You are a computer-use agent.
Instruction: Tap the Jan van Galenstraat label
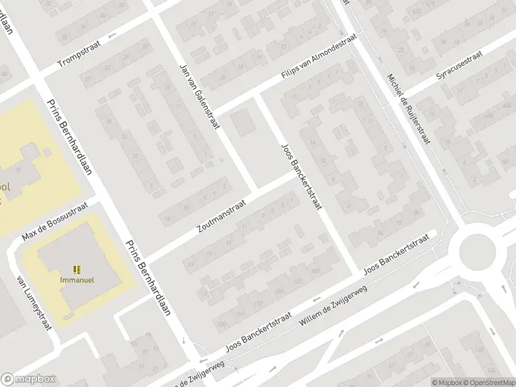198,97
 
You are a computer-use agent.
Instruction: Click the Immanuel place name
77,280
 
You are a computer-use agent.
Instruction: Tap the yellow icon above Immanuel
77,270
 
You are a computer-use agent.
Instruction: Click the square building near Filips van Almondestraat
243,123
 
